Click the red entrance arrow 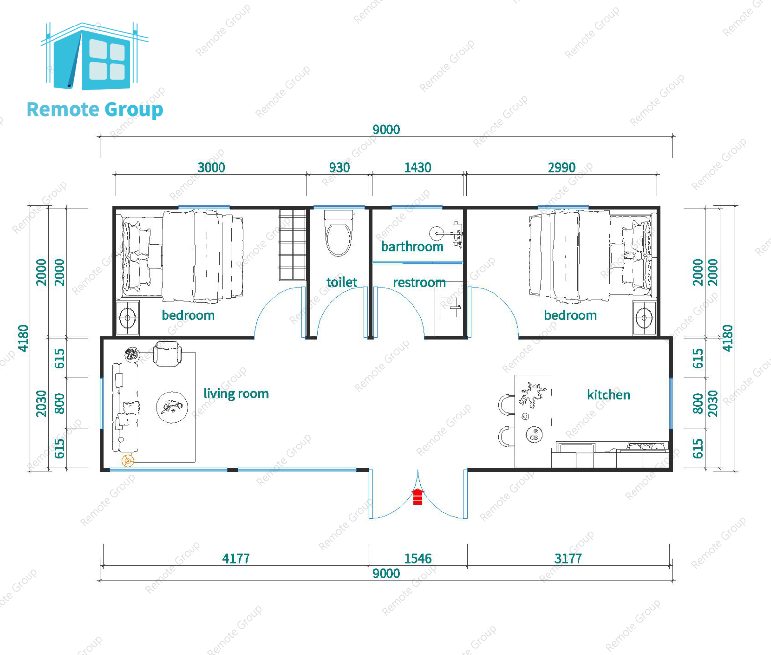(x=418, y=497)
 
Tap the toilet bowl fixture (x=338, y=233)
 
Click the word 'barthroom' (x=412, y=247)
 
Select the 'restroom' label (x=419, y=283)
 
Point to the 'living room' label (x=236, y=393)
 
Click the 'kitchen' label (x=608, y=395)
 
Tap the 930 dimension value (x=339, y=168)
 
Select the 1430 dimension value (x=417, y=168)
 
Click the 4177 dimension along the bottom (x=236, y=559)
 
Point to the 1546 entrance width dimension (x=418, y=559)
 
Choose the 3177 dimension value (x=568, y=559)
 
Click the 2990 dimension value (x=561, y=168)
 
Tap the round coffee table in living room (x=172, y=407)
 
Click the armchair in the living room (x=167, y=354)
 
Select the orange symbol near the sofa (x=128, y=461)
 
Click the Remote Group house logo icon (x=94, y=56)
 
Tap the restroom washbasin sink (x=449, y=307)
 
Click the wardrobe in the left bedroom (x=293, y=245)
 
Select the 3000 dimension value (x=211, y=168)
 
